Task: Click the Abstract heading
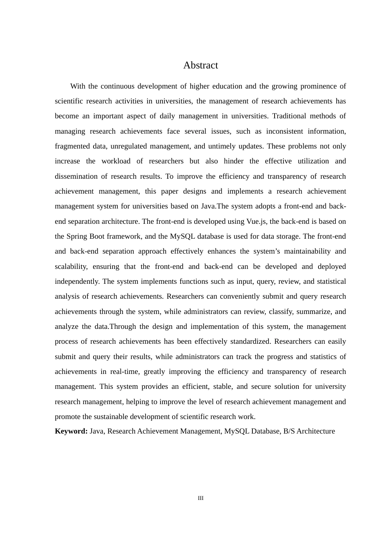tap(200, 65)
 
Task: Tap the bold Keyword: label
tap(71, 431)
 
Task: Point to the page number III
tap(201, 498)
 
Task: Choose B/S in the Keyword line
tap(289, 431)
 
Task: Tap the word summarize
tap(314, 312)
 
